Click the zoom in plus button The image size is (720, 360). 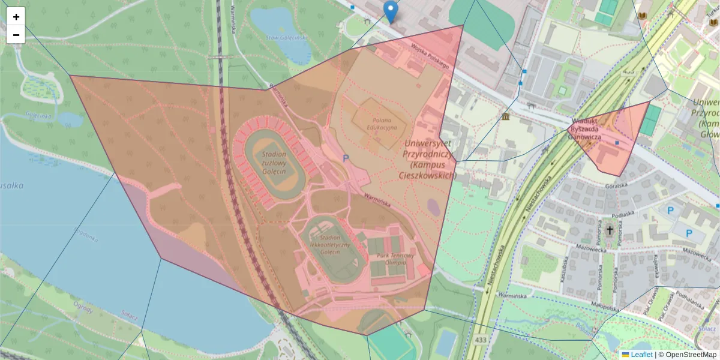point(16,16)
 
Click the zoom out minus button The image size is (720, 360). point(16,35)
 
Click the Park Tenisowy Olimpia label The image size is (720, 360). point(395,259)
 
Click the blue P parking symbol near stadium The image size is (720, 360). point(345,158)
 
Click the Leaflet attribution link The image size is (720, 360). point(641,355)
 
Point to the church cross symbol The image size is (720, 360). point(610,229)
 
